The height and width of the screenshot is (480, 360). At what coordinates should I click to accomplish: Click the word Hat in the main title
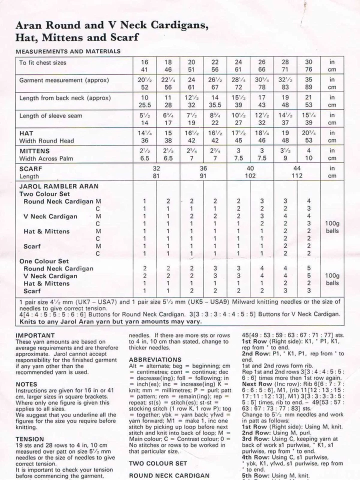(x=25, y=37)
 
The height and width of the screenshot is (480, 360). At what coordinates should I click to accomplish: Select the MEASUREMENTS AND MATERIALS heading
(x=68, y=51)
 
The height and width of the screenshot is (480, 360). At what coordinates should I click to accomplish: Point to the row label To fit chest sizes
(x=42, y=62)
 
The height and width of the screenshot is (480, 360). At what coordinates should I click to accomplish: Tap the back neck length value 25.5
(x=145, y=105)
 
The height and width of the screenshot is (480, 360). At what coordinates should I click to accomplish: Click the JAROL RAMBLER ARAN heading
(x=53, y=186)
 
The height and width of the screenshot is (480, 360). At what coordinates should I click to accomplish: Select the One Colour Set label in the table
(x=44, y=261)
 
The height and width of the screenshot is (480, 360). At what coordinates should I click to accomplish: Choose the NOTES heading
(x=26, y=384)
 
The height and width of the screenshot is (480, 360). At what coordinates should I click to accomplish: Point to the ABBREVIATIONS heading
(x=154, y=359)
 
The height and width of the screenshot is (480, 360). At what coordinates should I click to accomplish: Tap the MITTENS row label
(x=34, y=151)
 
